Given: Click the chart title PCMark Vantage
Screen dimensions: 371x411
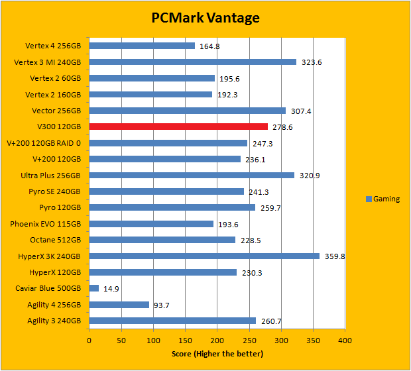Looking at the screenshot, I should click(x=205, y=17).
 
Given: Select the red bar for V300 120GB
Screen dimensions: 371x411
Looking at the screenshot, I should click(x=178, y=127).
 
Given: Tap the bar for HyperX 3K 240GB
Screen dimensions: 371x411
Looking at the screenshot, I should click(x=204, y=256).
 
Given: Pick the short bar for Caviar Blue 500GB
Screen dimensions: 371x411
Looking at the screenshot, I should click(x=94, y=288).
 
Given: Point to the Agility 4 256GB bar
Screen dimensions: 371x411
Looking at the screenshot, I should click(x=119, y=305).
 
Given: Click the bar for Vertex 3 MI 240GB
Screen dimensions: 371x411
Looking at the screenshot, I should click(x=192, y=62).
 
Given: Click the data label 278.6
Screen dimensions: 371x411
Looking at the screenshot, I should click(x=282, y=127).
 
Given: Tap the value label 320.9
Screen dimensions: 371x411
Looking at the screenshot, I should click(x=310, y=176).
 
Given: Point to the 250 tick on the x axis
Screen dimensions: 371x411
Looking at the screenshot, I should click(x=249, y=341).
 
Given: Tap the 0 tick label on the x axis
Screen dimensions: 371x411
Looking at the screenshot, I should click(x=89, y=341).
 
